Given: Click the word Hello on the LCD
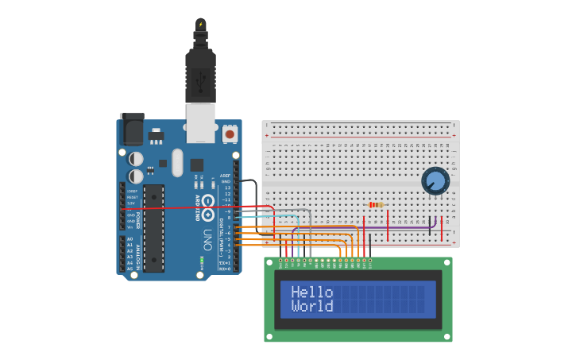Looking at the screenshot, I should [x=311, y=292].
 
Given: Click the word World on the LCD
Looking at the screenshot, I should [x=311, y=306].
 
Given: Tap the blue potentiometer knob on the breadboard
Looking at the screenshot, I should [x=435, y=181].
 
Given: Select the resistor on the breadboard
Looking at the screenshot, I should [x=376, y=205].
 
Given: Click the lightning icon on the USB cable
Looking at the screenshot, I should [x=200, y=25].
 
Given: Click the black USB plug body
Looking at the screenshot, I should [x=200, y=76].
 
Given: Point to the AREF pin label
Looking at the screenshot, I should [x=226, y=176].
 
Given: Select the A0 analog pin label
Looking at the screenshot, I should [x=130, y=238].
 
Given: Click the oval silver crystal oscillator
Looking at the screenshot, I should [x=177, y=162].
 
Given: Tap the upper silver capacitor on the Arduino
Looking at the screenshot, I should [x=136, y=159].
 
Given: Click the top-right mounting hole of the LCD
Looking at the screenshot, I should [x=446, y=262].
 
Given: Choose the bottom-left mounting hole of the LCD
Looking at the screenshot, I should [x=270, y=336].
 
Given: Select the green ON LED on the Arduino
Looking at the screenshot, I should [x=202, y=260].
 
